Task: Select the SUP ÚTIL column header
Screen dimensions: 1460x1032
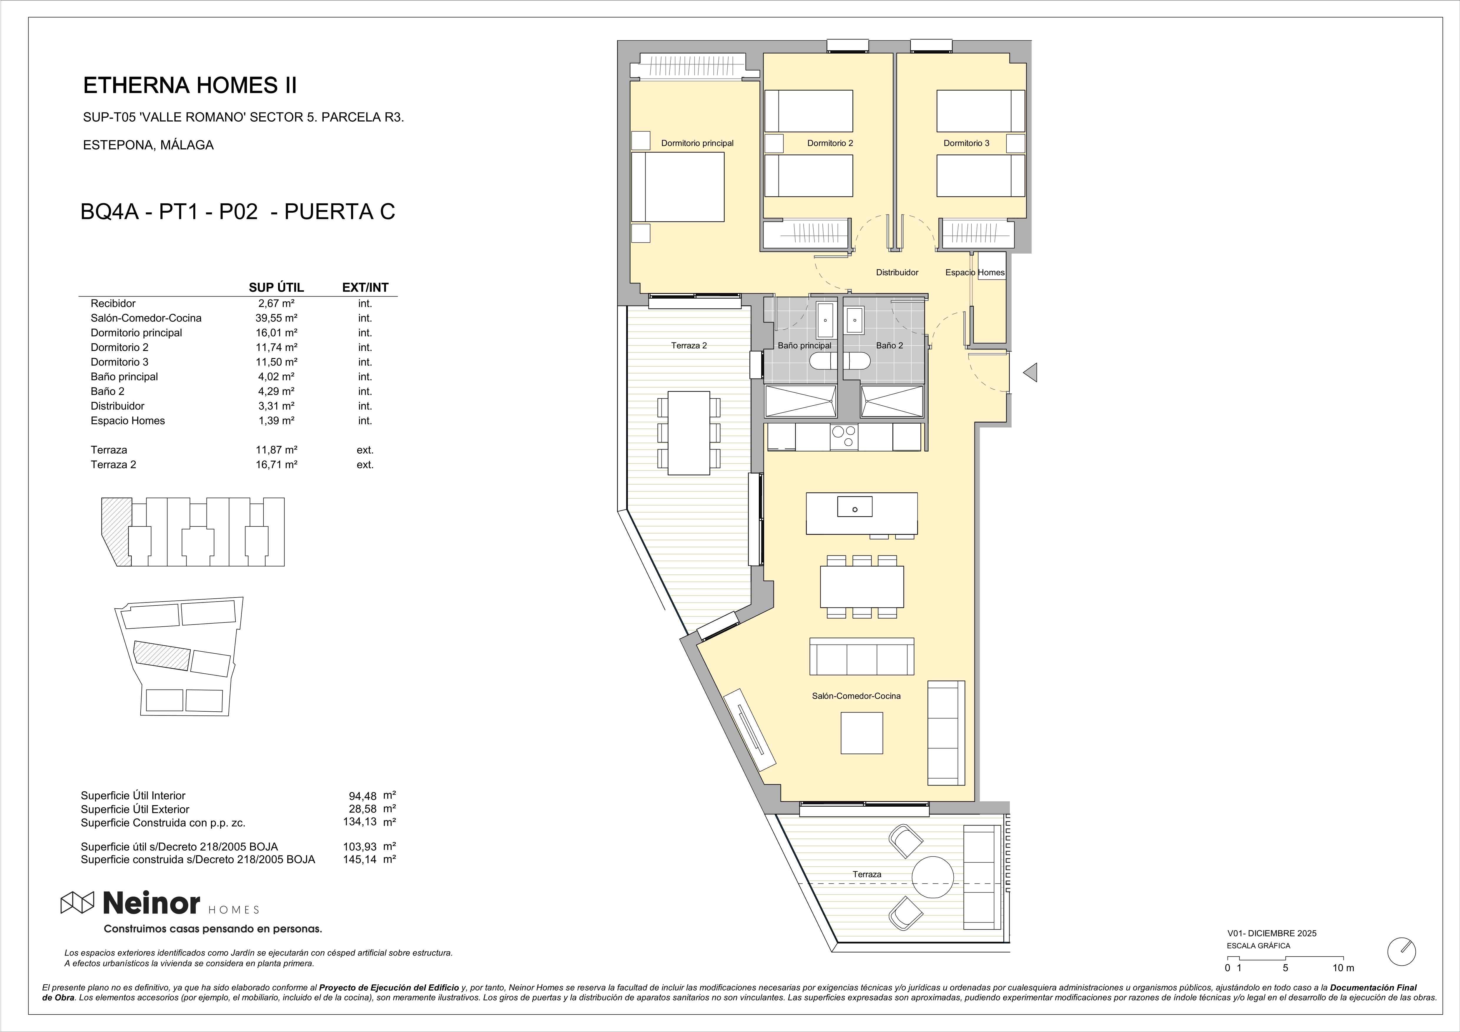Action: (x=276, y=287)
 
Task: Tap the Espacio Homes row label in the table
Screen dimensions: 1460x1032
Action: (x=128, y=420)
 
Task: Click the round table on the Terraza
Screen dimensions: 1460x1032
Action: (x=933, y=878)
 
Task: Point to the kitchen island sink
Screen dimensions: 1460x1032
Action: (x=855, y=507)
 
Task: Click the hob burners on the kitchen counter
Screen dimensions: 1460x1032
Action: (x=844, y=437)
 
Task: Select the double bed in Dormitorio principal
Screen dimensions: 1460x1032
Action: (x=678, y=187)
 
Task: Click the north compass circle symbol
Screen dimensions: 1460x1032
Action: (x=1401, y=951)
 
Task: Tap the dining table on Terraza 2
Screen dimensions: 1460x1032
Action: (x=689, y=433)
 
